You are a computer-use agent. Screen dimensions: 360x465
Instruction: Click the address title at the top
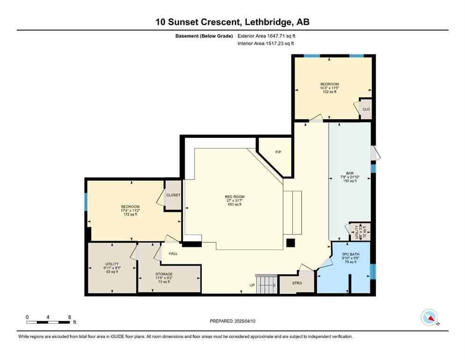(x=233, y=22)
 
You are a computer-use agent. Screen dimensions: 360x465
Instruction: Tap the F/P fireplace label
(x=278, y=152)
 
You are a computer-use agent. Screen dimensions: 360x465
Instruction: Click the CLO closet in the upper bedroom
(x=366, y=109)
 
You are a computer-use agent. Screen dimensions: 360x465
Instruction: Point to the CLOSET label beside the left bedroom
(x=173, y=195)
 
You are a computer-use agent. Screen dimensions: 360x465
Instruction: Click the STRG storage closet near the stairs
(x=296, y=283)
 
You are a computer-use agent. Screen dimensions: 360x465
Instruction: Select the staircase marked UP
(x=266, y=284)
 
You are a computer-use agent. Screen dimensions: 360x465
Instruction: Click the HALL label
(x=173, y=254)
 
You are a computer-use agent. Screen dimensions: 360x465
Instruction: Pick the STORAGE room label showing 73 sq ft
(x=164, y=277)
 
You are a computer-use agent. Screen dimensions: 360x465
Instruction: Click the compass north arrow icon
(x=429, y=318)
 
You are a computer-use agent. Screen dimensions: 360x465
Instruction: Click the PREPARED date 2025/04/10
(x=233, y=321)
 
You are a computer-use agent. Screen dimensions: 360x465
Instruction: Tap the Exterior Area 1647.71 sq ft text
(x=266, y=36)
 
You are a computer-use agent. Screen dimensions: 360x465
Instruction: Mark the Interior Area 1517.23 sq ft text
(x=266, y=44)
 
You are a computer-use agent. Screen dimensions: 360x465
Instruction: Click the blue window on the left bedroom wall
(x=86, y=202)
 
